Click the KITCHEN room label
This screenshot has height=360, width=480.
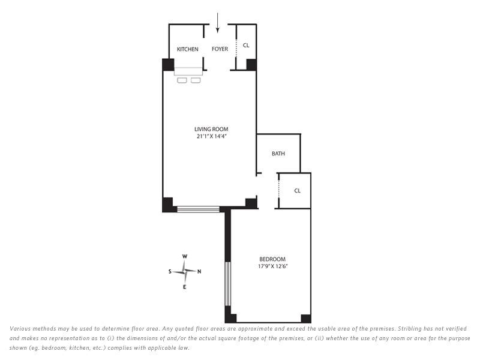187,49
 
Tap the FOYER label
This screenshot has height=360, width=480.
220,49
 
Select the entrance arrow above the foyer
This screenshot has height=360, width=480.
217,23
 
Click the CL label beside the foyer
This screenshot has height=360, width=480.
246,46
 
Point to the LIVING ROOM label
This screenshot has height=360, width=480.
211,129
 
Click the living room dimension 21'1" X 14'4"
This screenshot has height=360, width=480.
211,136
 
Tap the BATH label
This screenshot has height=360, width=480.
278,154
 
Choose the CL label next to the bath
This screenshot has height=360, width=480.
297,191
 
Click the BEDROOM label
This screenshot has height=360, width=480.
272,259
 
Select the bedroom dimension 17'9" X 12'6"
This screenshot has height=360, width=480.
272,266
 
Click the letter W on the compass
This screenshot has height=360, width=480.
185,257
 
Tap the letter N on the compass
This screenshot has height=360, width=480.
199,272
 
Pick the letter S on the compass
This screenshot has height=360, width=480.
170,271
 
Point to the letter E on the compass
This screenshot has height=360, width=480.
184,287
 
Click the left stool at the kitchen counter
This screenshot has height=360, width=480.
182,80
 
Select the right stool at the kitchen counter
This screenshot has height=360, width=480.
196,80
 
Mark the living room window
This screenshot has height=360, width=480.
199,209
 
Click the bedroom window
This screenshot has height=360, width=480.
228,283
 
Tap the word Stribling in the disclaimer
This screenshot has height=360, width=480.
410,329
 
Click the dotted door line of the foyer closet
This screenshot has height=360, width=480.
236,48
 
